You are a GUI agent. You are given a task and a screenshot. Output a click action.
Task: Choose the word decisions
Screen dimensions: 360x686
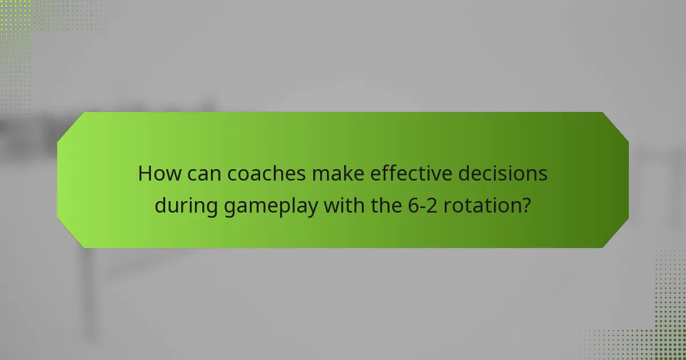503,174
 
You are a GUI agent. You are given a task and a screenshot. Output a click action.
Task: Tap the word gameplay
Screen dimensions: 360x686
270,206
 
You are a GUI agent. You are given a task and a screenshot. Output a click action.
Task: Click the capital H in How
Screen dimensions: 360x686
145,174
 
